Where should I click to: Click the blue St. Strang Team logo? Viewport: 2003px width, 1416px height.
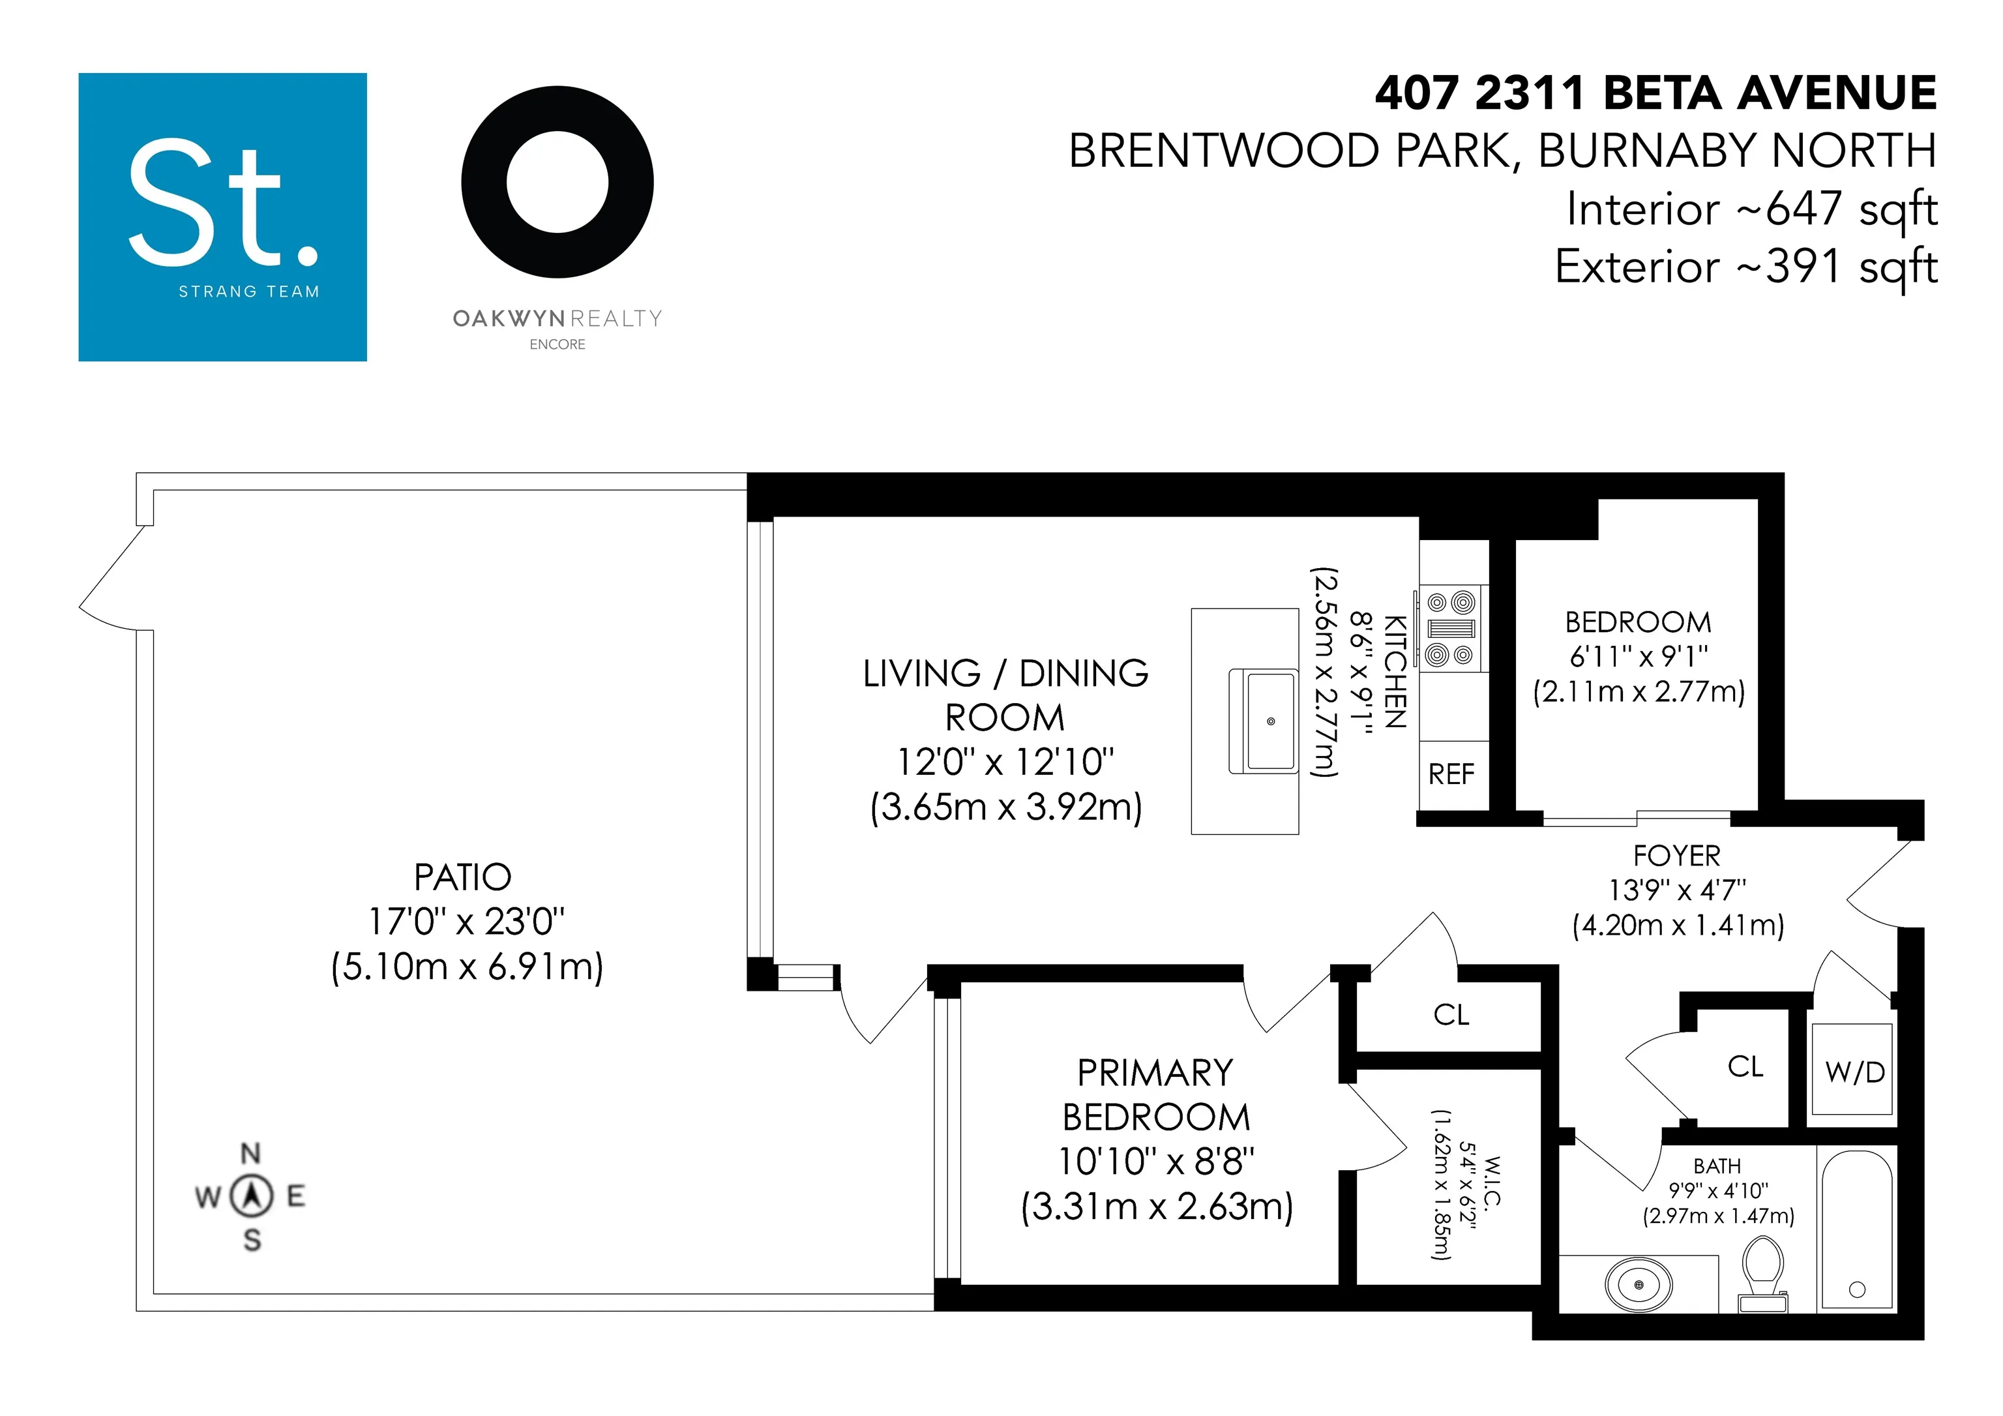222,217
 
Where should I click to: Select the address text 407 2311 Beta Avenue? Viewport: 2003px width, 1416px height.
1655,93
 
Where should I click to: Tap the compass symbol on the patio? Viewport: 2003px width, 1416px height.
251,1196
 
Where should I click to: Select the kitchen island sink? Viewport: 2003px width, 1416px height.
1262,721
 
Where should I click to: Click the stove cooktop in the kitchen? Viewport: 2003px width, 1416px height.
1450,628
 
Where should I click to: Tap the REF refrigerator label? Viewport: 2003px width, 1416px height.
1451,774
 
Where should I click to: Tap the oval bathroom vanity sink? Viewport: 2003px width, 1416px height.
1639,1284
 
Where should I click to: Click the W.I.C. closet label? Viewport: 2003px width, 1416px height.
1492,1181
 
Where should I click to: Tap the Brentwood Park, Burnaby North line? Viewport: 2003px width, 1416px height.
1502,151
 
